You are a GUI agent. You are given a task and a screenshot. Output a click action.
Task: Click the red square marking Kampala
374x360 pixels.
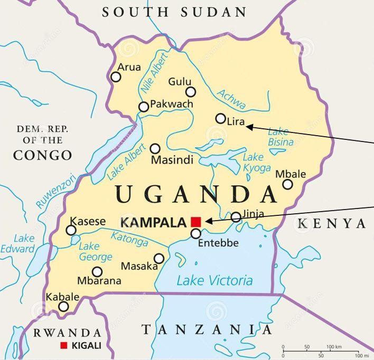coord(196,221)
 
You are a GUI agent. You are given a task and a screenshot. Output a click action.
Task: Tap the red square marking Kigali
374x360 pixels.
coord(64,346)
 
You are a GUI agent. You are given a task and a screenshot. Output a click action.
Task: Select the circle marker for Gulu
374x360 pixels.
coord(191,92)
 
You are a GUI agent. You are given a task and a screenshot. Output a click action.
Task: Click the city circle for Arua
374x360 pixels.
coord(116,77)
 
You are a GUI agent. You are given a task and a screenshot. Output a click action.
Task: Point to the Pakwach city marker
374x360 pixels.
coord(144,107)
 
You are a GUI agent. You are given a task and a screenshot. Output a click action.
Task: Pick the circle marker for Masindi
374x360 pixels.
coord(155,149)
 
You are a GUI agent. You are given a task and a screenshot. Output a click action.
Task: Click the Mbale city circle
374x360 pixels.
coord(287,184)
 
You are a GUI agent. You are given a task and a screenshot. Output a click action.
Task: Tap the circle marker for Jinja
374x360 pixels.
coord(236,216)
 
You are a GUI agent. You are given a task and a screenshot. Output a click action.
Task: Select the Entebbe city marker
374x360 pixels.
coord(196,233)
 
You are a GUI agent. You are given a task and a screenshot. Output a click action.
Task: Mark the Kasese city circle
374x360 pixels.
coord(71,230)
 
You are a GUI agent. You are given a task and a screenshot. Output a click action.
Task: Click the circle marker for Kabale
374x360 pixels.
coord(63,307)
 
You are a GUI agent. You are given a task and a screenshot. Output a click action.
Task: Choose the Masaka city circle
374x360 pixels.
coord(159,258)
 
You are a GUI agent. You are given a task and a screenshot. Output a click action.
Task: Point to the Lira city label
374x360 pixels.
coord(236,122)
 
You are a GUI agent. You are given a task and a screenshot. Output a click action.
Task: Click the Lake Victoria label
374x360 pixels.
coord(214,280)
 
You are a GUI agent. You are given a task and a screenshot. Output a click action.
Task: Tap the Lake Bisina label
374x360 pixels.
coord(280,137)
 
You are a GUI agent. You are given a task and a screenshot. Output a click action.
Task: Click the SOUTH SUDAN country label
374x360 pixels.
coord(174,12)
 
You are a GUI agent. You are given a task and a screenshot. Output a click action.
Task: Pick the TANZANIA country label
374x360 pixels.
coord(207,330)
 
